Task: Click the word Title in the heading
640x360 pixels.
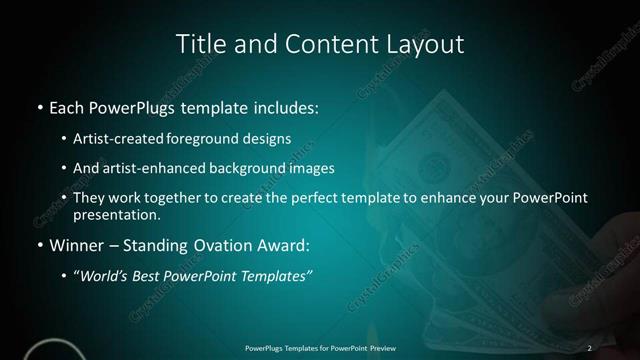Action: point(200,44)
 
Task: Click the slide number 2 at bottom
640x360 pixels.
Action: point(590,347)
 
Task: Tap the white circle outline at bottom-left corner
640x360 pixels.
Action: point(50,352)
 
